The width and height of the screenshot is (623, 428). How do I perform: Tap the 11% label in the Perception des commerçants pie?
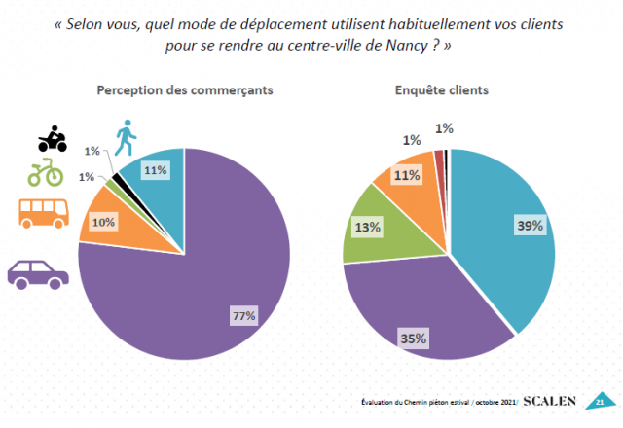(155, 170)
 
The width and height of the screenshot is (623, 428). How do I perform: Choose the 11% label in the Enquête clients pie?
(407, 176)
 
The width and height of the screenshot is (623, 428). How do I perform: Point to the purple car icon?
(39, 272)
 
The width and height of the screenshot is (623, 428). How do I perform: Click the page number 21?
(600, 401)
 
